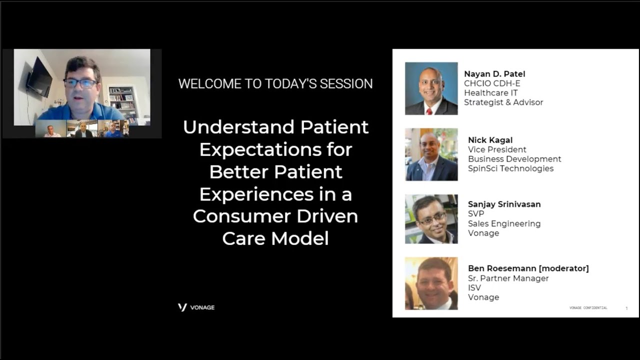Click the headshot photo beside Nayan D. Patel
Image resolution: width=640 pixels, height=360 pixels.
(431, 88)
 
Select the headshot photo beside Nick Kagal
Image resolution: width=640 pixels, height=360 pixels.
(431, 154)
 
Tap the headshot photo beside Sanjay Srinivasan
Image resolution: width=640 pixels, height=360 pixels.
(431, 219)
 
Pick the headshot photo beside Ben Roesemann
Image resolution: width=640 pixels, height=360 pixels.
(431, 283)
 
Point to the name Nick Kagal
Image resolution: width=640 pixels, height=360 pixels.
(490, 140)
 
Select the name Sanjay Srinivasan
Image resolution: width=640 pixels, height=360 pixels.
(504, 204)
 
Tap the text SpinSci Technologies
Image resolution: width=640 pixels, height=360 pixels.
(510, 168)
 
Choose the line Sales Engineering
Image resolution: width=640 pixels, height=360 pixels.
(504, 223)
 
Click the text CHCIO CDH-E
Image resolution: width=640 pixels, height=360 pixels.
(492, 83)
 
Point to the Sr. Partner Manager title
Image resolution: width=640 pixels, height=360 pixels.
(508, 278)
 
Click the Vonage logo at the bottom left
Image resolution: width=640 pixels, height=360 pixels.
(196, 307)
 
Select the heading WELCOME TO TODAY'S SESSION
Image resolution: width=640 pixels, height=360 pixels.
(275, 83)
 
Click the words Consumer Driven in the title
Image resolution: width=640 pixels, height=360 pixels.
(275, 216)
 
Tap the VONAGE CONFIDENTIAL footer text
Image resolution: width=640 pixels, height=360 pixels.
(588, 308)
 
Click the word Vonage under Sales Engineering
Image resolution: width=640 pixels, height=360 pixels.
(483, 233)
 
